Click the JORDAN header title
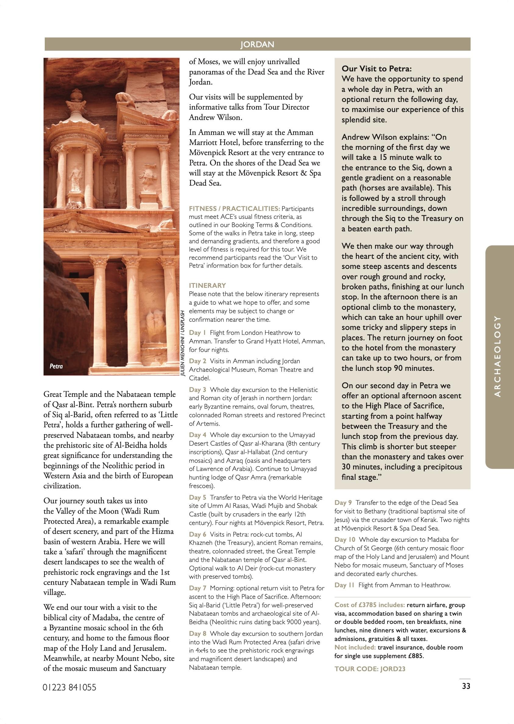pyautogui.click(x=257, y=44)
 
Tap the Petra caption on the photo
pyautogui.click(x=56, y=367)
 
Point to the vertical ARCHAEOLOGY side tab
pyautogui.click(x=498, y=357)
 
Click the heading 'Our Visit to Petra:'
pyautogui.click(x=376, y=69)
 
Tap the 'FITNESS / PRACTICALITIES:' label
pyautogui.click(x=234, y=208)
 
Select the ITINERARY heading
pyautogui.click(x=207, y=285)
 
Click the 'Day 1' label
pyautogui.click(x=197, y=333)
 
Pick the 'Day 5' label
pyautogui.click(x=197, y=498)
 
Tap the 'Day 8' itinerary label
pyautogui.click(x=197, y=634)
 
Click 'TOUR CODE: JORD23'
pyautogui.click(x=370, y=669)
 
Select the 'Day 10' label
pyautogui.click(x=345, y=540)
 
